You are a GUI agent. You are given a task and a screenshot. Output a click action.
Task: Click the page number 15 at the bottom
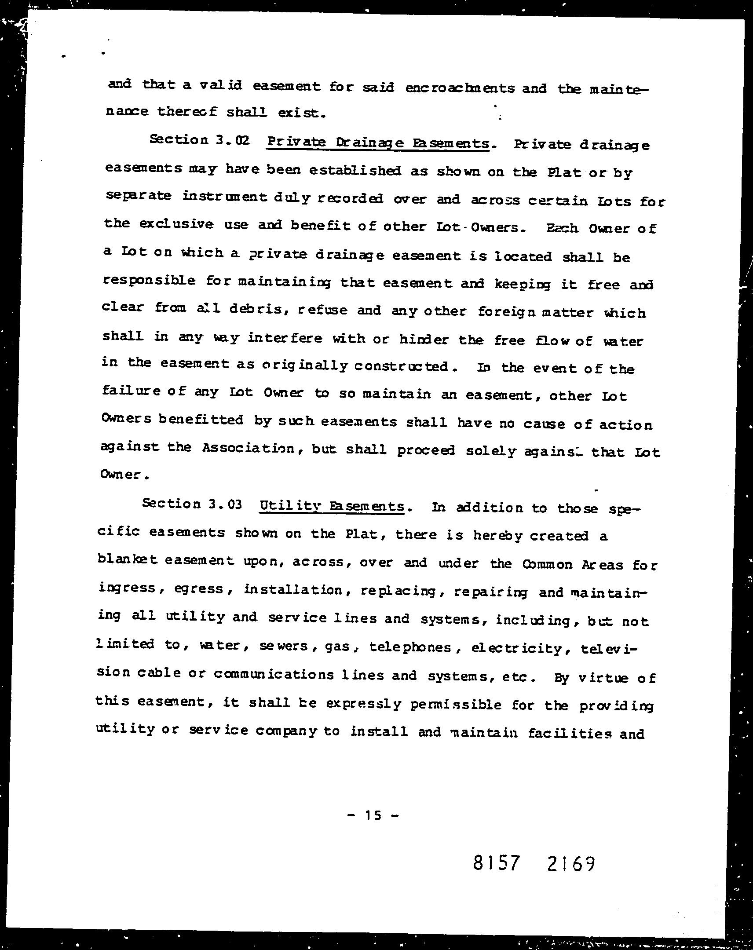point(372,815)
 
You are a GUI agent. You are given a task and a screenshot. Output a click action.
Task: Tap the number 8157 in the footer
point(497,863)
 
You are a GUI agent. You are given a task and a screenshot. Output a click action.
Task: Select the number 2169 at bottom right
point(571,864)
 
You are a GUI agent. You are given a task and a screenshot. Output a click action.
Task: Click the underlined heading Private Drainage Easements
point(378,143)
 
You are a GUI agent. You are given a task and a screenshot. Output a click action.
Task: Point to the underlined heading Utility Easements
point(332,506)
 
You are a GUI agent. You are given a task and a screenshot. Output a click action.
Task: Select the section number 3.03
point(225,504)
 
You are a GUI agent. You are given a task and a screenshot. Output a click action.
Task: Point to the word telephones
point(410,647)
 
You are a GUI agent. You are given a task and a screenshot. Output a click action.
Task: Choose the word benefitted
point(201,420)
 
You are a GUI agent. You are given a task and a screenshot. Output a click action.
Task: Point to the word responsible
point(149,281)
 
